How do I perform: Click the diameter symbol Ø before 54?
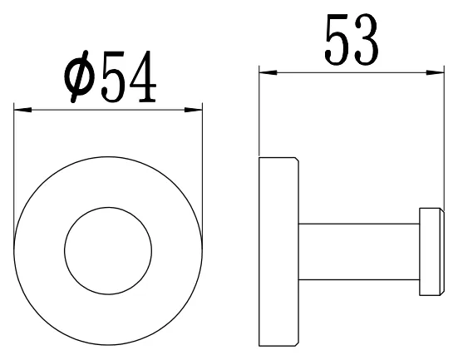click(x=80, y=77)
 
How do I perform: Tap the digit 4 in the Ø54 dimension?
click(x=143, y=76)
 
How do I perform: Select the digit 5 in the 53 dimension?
click(x=337, y=39)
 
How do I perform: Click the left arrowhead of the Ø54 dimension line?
click(x=22, y=111)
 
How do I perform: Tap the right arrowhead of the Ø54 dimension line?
click(x=193, y=111)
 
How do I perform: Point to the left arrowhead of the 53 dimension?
click(x=268, y=72)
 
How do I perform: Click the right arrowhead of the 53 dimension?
click(x=435, y=72)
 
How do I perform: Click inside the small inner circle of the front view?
click(x=108, y=251)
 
